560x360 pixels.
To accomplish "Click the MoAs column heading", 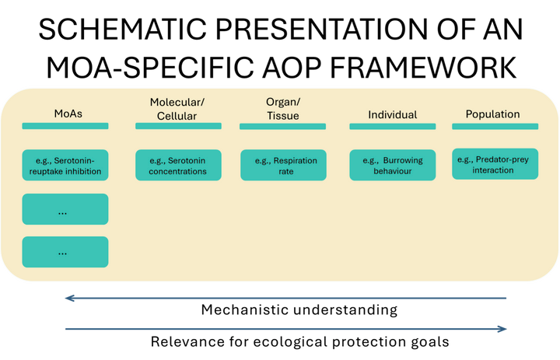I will pos(68,114).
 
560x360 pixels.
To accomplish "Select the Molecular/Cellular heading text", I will pos(178,110).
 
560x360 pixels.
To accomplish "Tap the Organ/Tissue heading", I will pos(282,110).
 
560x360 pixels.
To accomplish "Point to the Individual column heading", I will pos(392,114).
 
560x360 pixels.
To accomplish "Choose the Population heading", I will pos(492,114).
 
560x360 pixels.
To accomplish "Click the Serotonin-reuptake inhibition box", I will pos(65,166).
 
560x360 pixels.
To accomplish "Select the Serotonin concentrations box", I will pos(178,166).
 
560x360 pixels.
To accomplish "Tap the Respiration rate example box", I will pos(283,166).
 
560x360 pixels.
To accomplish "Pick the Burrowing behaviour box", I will pos(392,166).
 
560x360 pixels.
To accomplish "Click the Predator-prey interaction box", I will pos(495,164).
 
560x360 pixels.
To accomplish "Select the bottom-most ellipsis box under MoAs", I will pos(65,252).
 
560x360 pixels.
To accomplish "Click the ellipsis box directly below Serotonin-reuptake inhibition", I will pos(65,210).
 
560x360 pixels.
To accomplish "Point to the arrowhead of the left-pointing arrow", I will pos(68,298).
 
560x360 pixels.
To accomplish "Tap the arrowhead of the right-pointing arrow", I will pos(503,329).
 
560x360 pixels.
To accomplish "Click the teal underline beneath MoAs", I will pos(65,126).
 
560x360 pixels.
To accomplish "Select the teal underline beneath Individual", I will pos(392,126).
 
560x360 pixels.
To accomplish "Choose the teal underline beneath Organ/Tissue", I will pos(283,126).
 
